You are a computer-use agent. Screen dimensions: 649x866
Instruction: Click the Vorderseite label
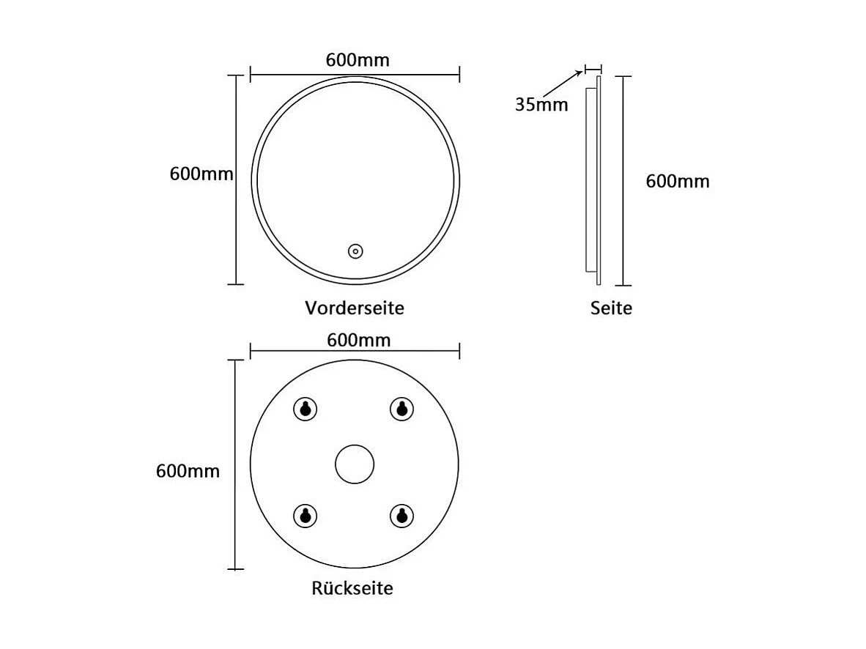click(x=355, y=308)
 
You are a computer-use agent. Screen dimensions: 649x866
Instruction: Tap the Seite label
click(x=611, y=308)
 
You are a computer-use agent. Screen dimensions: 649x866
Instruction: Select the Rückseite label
click(x=352, y=588)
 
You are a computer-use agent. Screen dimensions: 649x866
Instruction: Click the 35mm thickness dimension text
click(x=541, y=105)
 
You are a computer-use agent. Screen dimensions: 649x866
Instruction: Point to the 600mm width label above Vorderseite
click(x=358, y=60)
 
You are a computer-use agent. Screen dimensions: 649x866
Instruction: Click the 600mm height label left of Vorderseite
click(x=201, y=174)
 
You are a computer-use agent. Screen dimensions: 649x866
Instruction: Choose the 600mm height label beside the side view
click(x=678, y=182)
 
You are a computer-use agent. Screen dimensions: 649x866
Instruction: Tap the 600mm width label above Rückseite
click(x=358, y=340)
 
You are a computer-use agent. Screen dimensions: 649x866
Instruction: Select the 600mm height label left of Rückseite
click(x=188, y=471)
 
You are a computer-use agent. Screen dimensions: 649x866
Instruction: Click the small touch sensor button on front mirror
click(x=355, y=251)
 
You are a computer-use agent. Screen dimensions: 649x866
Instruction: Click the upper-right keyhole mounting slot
click(x=400, y=409)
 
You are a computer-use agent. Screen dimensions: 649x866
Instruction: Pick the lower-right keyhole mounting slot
click(x=400, y=515)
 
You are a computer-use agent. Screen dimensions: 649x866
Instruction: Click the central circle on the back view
click(x=355, y=464)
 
